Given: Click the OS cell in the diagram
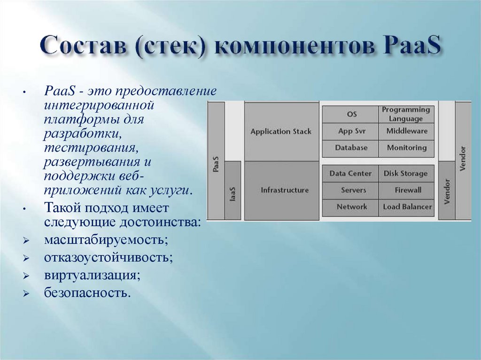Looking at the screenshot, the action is [352, 114].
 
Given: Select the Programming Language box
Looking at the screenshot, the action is [406, 114].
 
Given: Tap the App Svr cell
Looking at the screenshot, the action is [352, 131].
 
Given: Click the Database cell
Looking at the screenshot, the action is [351, 147].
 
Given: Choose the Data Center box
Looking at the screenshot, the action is [350, 173].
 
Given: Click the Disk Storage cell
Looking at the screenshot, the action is [406, 173].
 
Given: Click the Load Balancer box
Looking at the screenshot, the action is [407, 207].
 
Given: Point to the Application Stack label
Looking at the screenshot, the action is [281, 131].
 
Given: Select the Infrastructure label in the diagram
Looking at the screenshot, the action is [285, 190].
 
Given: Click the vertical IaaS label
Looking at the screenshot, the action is [233, 194].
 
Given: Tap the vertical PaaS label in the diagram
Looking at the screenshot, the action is [216, 164].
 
